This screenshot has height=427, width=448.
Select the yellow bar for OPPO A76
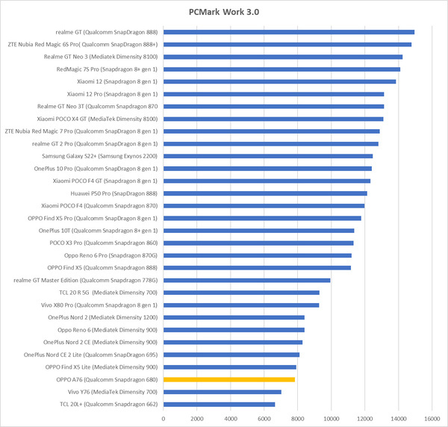click(x=229, y=379)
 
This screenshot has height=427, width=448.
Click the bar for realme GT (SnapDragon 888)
click(x=288, y=32)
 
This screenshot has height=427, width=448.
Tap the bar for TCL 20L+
click(x=219, y=404)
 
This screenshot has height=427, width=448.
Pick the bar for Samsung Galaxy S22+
click(x=267, y=156)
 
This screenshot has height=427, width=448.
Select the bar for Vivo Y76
click(x=223, y=391)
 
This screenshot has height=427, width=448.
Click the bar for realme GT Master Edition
click(x=246, y=280)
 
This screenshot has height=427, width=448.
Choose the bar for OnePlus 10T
click(x=258, y=231)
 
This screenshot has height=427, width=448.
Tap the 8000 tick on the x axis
click(x=298, y=418)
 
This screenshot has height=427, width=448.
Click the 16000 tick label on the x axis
click(x=432, y=418)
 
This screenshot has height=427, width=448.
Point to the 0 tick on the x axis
click(x=164, y=418)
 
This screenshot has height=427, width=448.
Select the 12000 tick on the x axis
click(x=365, y=418)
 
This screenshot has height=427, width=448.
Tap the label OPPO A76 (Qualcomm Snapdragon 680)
click(x=106, y=379)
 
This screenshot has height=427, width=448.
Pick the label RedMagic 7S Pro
click(x=107, y=69)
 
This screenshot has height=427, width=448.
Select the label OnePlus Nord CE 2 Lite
click(x=90, y=355)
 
